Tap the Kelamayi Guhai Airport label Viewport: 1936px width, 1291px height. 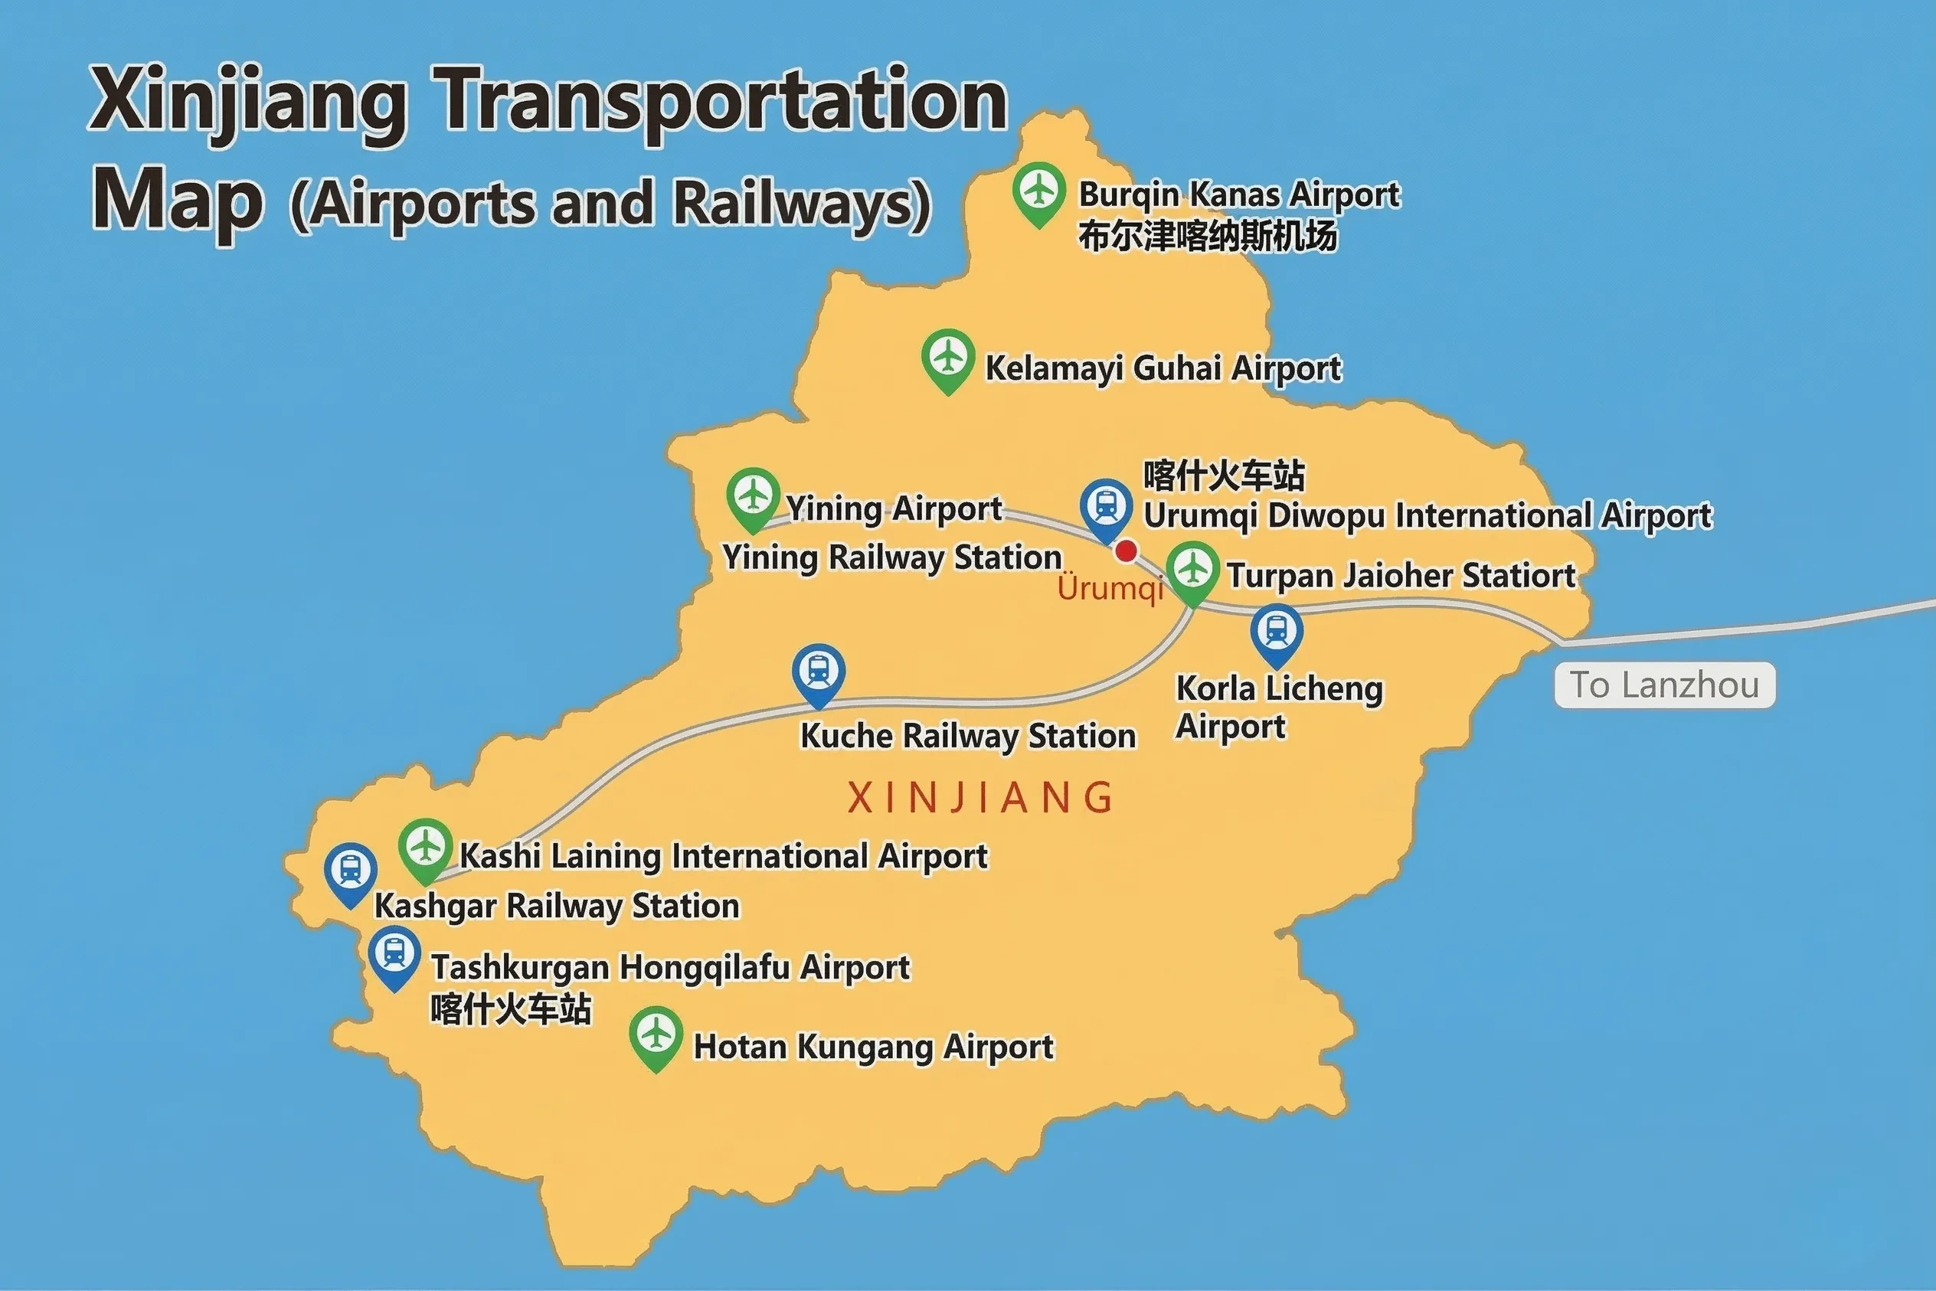(1163, 368)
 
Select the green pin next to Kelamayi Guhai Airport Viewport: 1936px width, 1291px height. (948, 359)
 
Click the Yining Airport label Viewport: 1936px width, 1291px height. (894, 509)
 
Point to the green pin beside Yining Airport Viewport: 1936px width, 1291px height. (753, 497)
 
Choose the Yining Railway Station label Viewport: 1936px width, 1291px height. (892, 557)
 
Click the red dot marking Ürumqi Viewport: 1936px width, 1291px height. (1126, 551)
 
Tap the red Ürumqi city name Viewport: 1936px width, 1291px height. (1110, 589)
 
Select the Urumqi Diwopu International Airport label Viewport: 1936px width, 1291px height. (1427, 516)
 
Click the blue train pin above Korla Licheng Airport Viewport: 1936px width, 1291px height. (1276, 633)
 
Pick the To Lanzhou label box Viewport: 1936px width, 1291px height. (1664, 685)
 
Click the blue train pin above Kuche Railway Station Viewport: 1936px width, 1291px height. (818, 672)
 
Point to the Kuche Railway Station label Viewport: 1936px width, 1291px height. (967, 736)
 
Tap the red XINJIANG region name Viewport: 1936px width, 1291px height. (980, 798)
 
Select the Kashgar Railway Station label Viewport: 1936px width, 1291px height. (557, 906)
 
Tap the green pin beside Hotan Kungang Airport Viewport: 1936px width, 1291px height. (656, 1036)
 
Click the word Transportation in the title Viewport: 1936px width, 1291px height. (720, 100)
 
